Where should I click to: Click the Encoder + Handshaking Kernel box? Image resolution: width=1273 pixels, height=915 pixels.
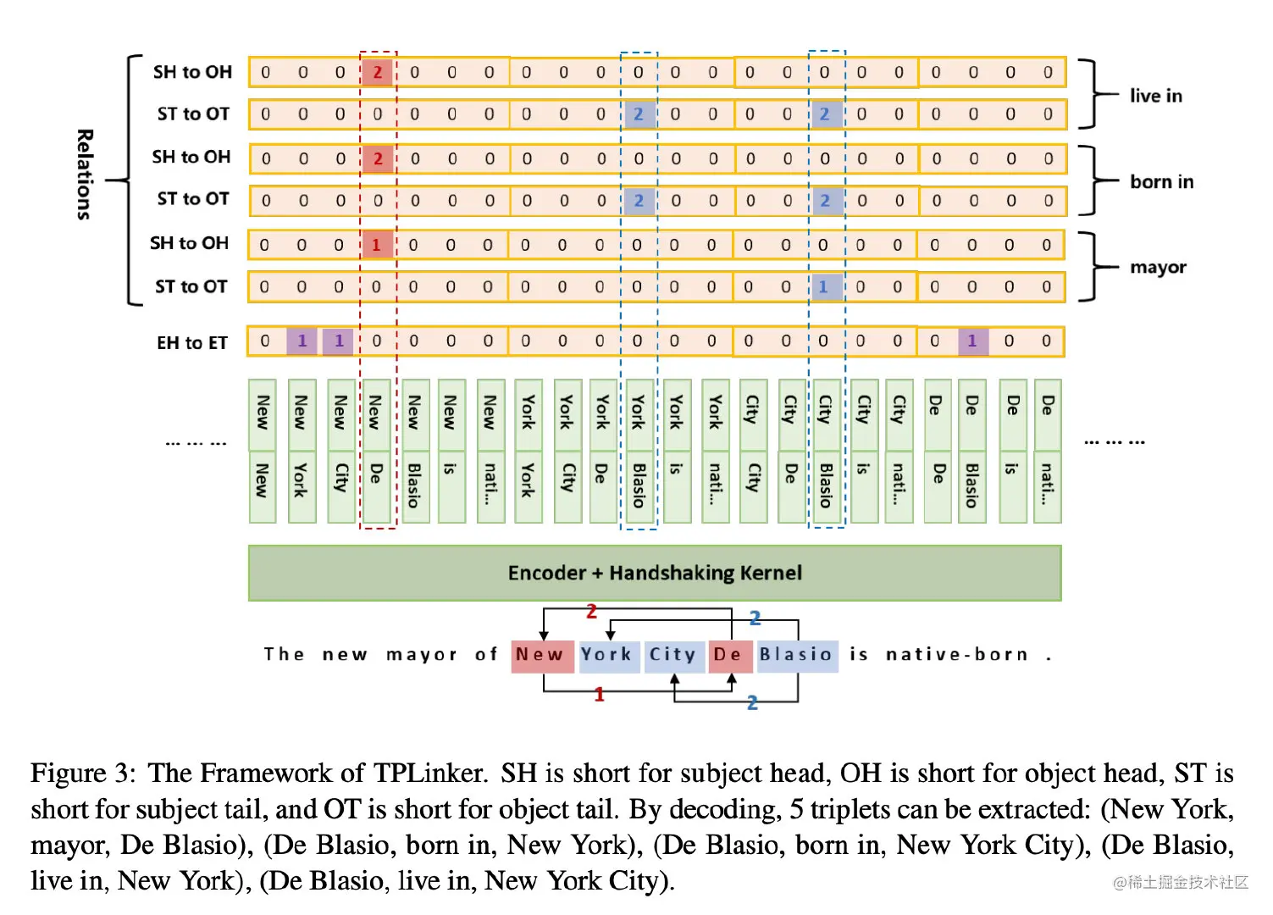(654, 573)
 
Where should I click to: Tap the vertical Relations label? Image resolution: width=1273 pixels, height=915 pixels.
(84, 175)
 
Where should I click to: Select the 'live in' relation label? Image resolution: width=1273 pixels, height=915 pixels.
(1155, 96)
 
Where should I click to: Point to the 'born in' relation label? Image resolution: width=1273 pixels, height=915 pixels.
(1161, 181)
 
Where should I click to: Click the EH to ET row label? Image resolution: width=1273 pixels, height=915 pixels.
(191, 342)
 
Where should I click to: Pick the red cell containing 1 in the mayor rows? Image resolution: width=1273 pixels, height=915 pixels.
(376, 245)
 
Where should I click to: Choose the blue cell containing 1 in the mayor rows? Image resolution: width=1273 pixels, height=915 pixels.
(823, 286)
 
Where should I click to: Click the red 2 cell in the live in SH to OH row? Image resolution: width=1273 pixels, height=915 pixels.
(378, 73)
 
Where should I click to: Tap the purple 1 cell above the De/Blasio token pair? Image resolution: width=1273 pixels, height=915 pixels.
(972, 341)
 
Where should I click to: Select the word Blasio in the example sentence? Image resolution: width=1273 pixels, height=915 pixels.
(796, 655)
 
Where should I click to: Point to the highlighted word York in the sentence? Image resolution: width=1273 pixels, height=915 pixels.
(606, 655)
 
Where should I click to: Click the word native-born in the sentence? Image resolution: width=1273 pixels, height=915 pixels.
(957, 655)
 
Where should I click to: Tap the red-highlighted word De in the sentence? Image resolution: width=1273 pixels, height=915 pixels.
(728, 655)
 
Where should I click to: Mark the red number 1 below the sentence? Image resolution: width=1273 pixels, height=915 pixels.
(600, 695)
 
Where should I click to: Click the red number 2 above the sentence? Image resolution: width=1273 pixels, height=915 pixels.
(592, 611)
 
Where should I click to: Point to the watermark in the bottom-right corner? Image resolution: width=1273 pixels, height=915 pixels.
(1181, 883)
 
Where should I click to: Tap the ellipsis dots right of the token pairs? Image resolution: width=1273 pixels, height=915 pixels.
(1115, 441)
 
